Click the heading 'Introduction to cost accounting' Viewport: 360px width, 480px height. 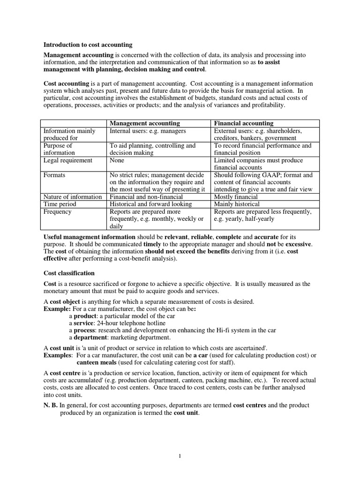(x=88, y=45)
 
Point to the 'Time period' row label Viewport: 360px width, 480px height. (x=60, y=204)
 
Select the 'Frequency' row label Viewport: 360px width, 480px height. (x=58, y=212)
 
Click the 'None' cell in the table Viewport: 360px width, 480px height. (x=117, y=160)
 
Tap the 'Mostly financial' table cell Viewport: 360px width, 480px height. (x=236, y=197)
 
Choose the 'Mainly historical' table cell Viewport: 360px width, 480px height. (x=237, y=204)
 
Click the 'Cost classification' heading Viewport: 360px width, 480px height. (x=69, y=273)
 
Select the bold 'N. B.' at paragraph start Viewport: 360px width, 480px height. (x=51, y=405)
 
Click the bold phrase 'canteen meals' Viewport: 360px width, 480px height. (x=96, y=363)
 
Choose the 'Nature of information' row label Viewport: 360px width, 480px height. (x=73, y=197)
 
